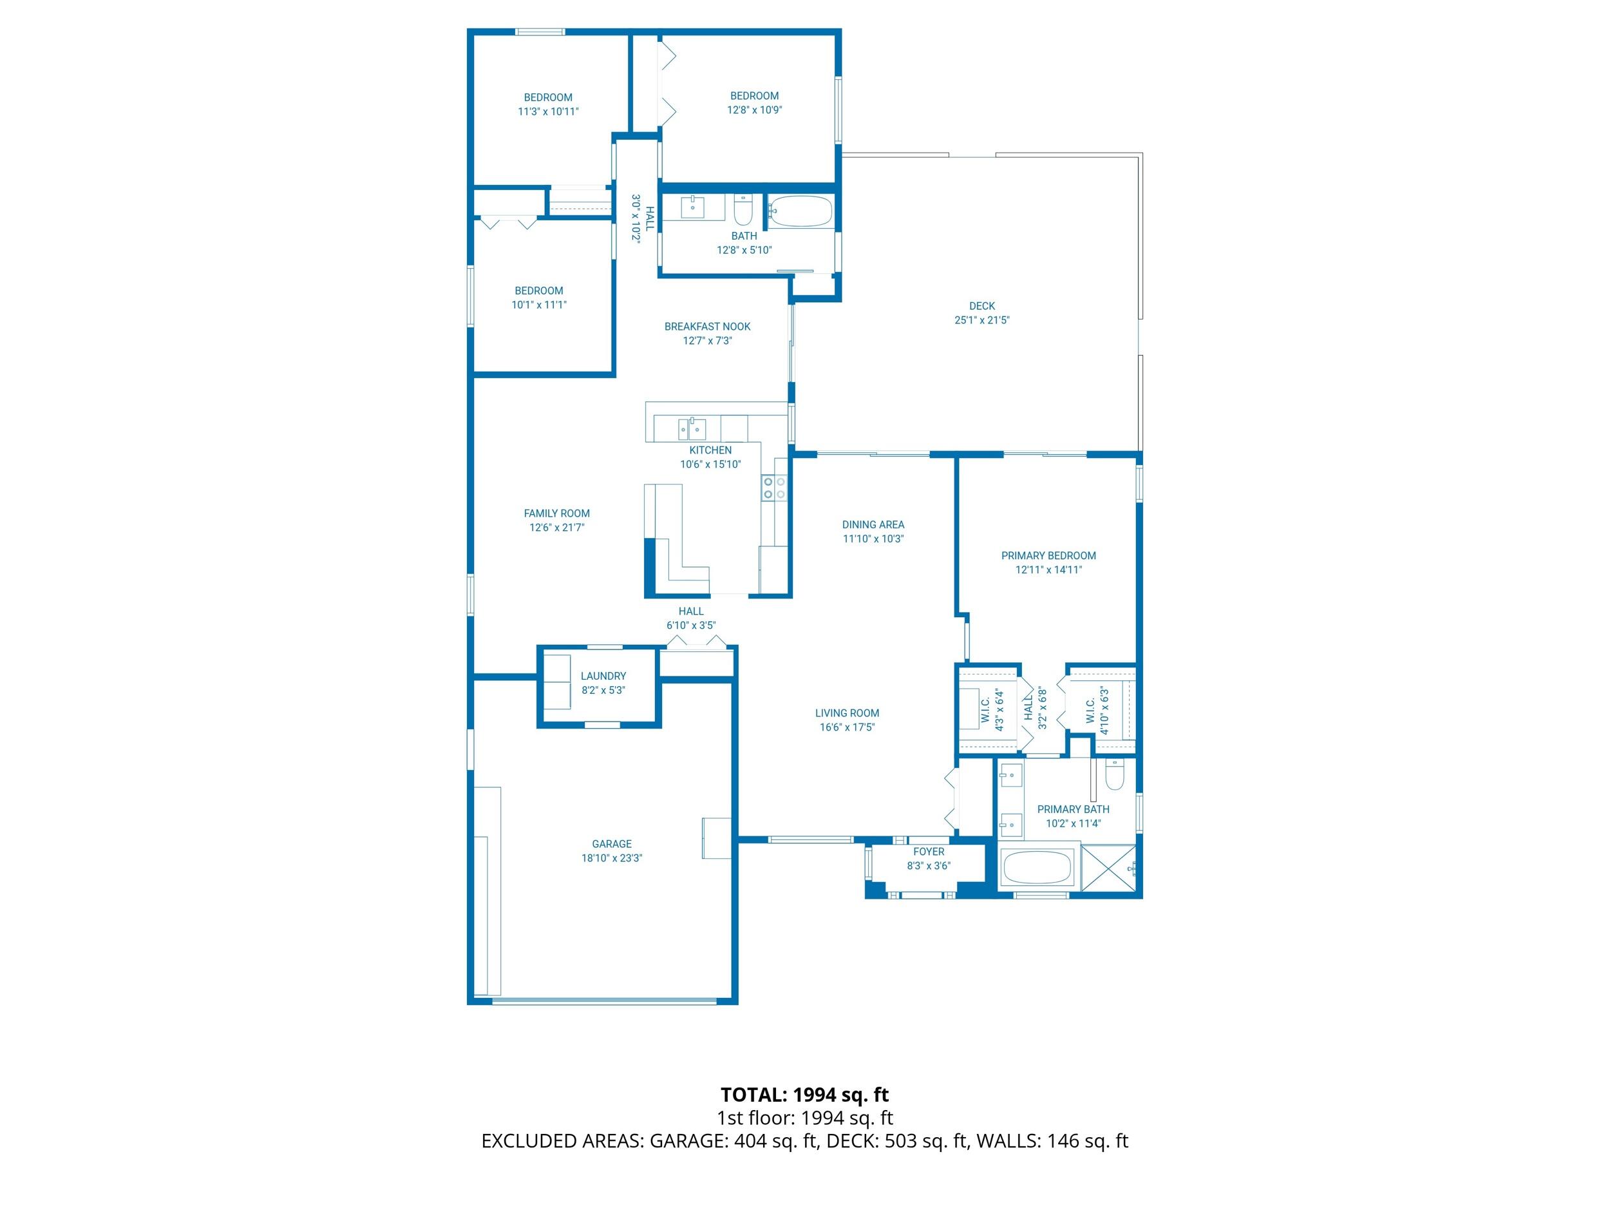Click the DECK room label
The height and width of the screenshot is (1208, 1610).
981,306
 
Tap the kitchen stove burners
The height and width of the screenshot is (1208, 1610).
773,488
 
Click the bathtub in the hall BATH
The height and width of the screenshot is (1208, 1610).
800,212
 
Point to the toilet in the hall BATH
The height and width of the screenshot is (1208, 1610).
743,211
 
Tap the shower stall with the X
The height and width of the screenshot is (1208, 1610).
1108,867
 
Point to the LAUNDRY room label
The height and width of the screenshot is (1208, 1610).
603,676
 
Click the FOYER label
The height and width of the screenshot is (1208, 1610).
928,852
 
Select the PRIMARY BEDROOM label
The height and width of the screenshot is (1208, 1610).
1048,555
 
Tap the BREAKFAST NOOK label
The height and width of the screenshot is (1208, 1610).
706,326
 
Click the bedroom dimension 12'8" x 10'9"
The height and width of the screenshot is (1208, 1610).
754,110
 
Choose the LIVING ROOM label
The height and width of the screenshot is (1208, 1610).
846,713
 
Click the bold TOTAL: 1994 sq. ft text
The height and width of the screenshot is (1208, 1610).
804,1095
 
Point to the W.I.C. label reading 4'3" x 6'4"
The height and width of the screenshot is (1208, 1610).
992,711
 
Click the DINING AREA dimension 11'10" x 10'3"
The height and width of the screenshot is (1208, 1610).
873,539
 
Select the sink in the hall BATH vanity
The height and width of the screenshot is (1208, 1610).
693,207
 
